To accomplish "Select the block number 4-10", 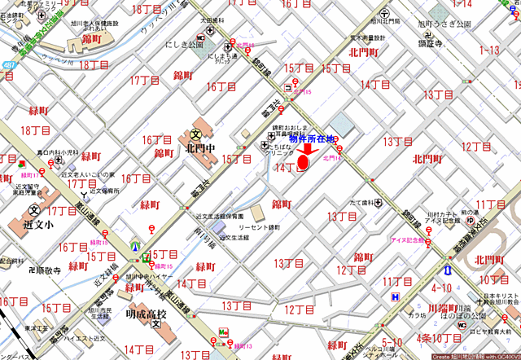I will pyautogui.click(x=442, y=288).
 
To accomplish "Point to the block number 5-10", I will pyautogui.click(x=392, y=341).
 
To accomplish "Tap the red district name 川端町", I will pyautogui.click(x=444, y=309).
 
